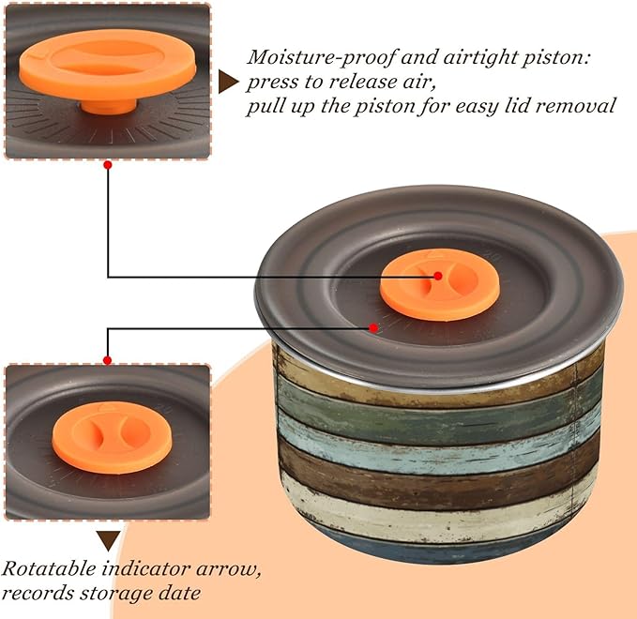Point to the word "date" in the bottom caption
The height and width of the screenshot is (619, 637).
click(184, 593)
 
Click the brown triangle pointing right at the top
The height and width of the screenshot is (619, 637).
click(227, 82)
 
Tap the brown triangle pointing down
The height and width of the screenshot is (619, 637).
click(109, 540)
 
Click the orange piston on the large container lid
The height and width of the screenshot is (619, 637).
click(439, 284)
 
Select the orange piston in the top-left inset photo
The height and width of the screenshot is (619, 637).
click(105, 66)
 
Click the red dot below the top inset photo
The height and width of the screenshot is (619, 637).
click(108, 165)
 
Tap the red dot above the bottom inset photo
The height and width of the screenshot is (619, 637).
click(107, 360)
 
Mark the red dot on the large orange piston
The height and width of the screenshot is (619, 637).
click(438, 276)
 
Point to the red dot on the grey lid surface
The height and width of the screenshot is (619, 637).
click(374, 327)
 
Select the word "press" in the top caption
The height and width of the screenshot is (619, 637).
click(274, 82)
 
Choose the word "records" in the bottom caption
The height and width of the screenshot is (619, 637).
click(36, 593)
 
